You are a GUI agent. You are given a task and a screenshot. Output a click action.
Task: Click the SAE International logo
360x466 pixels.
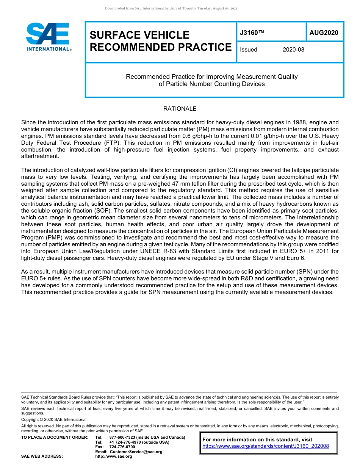pos(49,37)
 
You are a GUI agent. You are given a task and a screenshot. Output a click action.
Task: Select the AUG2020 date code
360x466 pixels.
pos(324,33)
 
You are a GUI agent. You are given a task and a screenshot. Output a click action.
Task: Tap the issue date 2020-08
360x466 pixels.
pos(293,50)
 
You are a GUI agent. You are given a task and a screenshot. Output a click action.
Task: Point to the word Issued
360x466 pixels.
pos(248,50)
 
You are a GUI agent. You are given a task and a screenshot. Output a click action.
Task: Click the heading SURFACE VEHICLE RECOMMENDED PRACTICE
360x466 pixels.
pos(160,41)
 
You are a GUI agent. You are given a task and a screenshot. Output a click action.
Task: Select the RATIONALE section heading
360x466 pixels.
pos(180,109)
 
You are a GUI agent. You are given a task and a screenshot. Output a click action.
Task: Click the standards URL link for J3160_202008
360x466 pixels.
pos(266,446)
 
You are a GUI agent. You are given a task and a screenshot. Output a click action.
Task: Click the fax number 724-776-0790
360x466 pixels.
pos(122,447)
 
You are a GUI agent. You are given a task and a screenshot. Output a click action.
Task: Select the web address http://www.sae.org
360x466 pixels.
pos(114,456)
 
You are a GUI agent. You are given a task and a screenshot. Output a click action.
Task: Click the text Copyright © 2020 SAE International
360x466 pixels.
pos(54,419)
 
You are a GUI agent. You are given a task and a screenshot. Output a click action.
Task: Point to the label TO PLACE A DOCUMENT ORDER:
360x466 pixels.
pos(55,437)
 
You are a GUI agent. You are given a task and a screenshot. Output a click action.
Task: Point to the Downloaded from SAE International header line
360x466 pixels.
pos(171,8)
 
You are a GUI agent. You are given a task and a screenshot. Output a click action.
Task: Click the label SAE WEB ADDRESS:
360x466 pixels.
pos(42,456)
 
